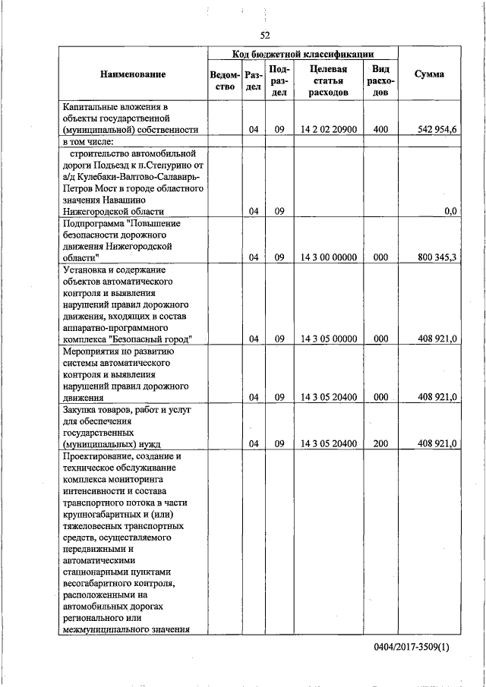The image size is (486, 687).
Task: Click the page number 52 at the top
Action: point(265,35)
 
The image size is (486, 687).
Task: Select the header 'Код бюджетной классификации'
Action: point(303,54)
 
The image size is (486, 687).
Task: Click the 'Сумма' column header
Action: point(429,74)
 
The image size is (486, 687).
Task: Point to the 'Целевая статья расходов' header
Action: point(328,80)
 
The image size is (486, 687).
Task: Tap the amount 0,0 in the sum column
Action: point(450,211)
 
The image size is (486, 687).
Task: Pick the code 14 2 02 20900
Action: point(328,129)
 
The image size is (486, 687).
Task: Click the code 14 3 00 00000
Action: point(328,257)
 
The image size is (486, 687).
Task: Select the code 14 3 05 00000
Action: point(328,339)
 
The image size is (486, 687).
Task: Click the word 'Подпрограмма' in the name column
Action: point(93,224)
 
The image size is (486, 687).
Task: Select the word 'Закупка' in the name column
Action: point(80,410)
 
